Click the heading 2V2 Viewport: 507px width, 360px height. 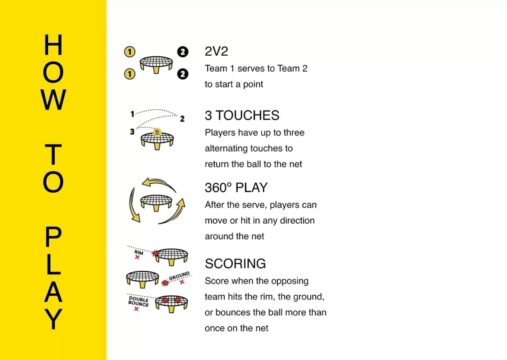coord(216,51)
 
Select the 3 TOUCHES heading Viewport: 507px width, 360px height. coord(242,115)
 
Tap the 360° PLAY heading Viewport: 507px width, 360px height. coord(236,187)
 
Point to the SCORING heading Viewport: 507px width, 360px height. coord(235,263)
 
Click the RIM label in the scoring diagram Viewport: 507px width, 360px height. coord(139,252)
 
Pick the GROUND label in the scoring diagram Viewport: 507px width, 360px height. coord(179,276)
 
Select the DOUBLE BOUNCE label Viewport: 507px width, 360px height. coord(138,301)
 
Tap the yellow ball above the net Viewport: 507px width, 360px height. coord(157,132)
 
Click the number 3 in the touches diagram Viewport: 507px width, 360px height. coord(132,132)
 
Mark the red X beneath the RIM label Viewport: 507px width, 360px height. coord(137,257)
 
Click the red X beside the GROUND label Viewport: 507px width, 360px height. coord(182,282)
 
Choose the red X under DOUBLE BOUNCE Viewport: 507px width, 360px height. coord(136,309)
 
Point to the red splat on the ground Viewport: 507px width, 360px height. coord(165,283)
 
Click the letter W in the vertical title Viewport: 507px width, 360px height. coord(54,100)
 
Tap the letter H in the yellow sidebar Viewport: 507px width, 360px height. coord(53,45)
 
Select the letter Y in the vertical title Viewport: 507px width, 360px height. coord(53,319)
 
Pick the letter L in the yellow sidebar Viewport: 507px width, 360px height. coord(54,264)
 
